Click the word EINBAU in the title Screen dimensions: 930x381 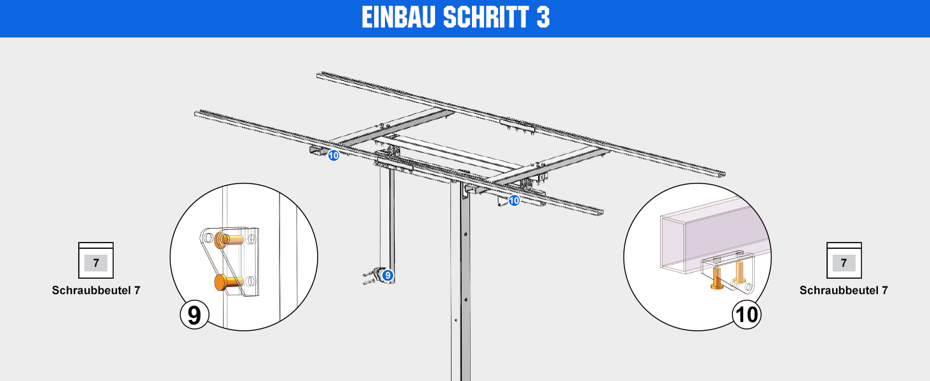pyautogui.click(x=398, y=17)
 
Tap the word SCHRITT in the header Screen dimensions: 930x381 pyautogui.click(x=486, y=17)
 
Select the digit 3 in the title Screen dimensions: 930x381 pyautogui.click(x=543, y=17)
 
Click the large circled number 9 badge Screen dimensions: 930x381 pyautogui.click(x=194, y=314)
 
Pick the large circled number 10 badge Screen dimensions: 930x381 pyautogui.click(x=746, y=314)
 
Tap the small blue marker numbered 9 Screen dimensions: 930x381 pyautogui.click(x=387, y=275)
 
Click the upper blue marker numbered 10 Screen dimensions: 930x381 pyautogui.click(x=334, y=156)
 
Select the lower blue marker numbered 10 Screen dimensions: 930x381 pyautogui.click(x=514, y=201)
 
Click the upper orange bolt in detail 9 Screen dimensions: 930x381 pyautogui.click(x=228, y=239)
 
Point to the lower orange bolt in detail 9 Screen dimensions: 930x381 pyautogui.click(x=228, y=283)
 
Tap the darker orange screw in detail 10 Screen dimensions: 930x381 pyautogui.click(x=717, y=278)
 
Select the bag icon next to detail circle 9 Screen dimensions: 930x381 pyautogui.click(x=96, y=260)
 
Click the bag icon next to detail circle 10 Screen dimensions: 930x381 pyautogui.click(x=844, y=260)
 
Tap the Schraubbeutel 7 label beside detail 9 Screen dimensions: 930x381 pyautogui.click(x=96, y=290)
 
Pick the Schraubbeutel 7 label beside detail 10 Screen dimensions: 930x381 pyautogui.click(x=844, y=290)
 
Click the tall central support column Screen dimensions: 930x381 pyautogui.click(x=461, y=282)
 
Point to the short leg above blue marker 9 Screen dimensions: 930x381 pyautogui.click(x=387, y=220)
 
